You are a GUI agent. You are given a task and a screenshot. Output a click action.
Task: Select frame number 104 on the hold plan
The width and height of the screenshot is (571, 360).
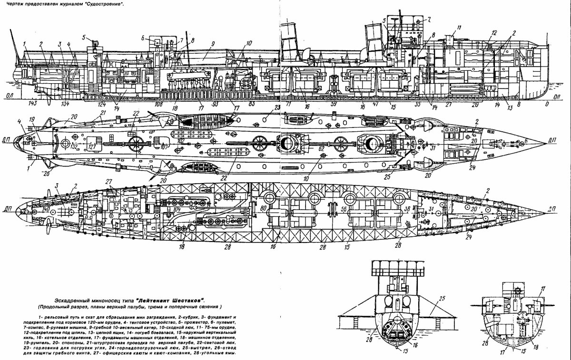(x=177, y=210)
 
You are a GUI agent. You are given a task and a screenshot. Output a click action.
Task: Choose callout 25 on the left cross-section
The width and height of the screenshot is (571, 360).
(x=441, y=299)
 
